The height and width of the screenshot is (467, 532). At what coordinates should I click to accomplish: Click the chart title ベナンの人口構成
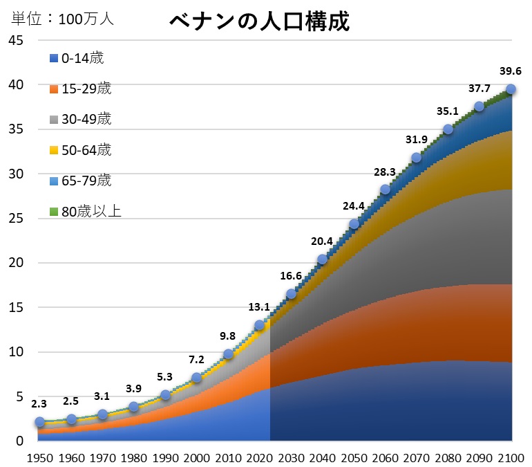260,21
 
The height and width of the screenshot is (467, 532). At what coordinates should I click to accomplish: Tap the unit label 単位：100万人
61,19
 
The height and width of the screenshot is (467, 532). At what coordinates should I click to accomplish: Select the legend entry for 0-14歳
77,58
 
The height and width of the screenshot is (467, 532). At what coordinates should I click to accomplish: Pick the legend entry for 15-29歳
81,89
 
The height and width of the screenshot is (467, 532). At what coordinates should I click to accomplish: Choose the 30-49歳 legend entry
81,119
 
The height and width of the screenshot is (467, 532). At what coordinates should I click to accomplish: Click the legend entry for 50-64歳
81,149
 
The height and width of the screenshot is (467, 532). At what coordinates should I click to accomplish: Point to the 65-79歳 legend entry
81,181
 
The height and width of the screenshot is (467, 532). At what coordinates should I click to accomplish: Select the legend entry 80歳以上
85,212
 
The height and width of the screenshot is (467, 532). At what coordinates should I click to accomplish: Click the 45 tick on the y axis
16,40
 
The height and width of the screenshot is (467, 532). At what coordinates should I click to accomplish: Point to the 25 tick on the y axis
16,219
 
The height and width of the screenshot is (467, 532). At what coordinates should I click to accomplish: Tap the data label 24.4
354,206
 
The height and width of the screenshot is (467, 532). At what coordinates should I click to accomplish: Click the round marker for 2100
511,89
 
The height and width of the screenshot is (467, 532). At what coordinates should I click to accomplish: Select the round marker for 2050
354,223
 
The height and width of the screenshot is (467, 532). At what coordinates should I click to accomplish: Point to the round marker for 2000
197,378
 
